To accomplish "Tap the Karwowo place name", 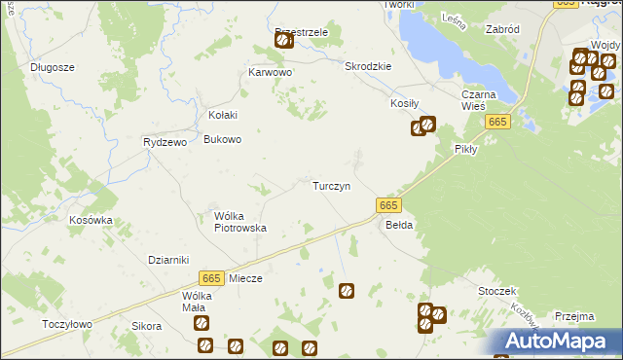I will [271, 73].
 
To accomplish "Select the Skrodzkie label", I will [368, 66].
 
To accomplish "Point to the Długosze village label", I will [53, 67].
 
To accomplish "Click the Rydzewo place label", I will [164, 142].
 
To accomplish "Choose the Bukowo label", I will [222, 139].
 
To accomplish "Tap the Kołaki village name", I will [223, 115].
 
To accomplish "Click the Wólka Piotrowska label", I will [240, 222].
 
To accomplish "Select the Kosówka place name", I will [91, 220].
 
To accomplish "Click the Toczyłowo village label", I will [67, 324].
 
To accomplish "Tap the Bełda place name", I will [400, 225].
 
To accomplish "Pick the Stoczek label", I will [496, 291].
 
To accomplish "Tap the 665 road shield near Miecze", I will [212, 277].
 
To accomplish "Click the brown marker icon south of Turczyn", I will [346, 290].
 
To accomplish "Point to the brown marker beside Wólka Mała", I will [200, 323].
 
